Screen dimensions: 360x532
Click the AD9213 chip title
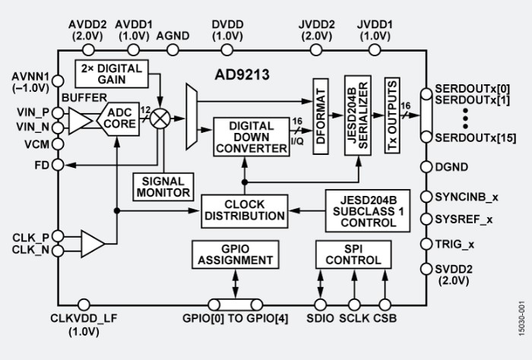[x=242, y=76]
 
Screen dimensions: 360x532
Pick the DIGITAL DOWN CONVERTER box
[x=251, y=137]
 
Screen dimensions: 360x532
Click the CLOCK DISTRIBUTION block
[x=244, y=210]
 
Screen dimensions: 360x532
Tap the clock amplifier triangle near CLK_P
[x=93, y=244]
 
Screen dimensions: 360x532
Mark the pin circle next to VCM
[x=59, y=144]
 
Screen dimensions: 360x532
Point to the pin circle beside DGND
[x=426, y=167]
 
